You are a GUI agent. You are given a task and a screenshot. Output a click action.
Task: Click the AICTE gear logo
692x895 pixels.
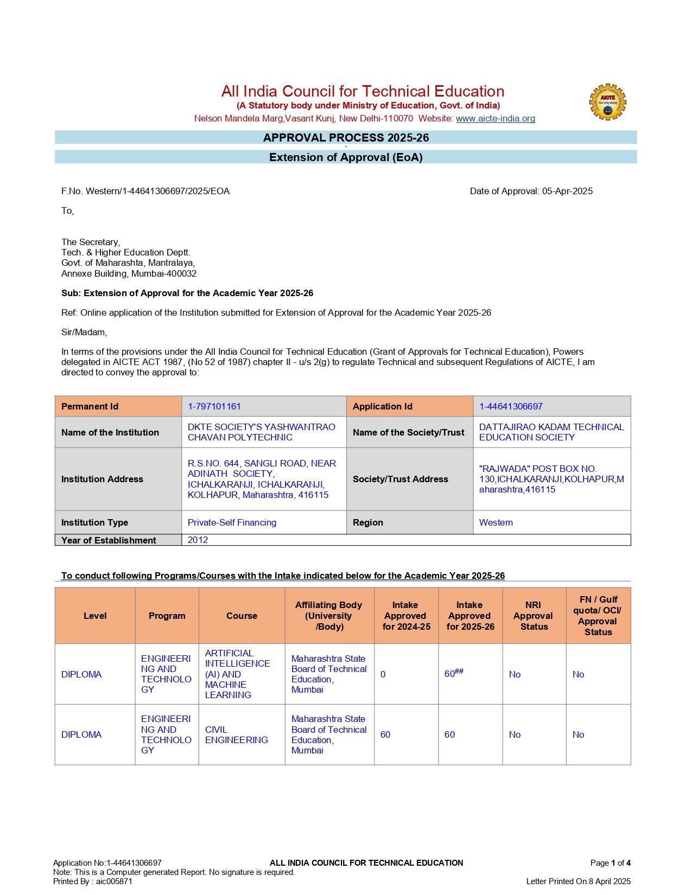pos(607,102)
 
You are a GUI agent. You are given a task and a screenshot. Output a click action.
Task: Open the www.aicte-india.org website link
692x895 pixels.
pos(495,118)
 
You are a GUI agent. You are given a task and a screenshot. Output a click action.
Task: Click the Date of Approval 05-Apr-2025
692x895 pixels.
pos(531,191)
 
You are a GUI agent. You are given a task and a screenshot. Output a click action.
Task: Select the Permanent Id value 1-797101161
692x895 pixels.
pos(214,406)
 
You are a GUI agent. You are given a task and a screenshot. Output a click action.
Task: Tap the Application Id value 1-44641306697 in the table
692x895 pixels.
pos(510,406)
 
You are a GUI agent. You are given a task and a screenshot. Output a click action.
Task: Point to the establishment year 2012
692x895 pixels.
pos(198,540)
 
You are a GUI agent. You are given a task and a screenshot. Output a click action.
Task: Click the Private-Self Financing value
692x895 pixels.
pos(232,522)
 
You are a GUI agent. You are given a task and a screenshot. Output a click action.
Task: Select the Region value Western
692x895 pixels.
pos(496,522)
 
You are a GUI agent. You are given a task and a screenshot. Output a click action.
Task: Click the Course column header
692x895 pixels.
pos(242,616)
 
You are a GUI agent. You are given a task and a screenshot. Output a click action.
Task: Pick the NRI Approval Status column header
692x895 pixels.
pos(534,616)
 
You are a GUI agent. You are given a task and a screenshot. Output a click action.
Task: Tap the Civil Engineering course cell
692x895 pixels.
pos(236,734)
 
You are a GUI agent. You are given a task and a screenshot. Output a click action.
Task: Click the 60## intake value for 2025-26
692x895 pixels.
pos(454,674)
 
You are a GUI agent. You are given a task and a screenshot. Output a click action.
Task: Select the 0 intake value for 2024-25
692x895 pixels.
pos(383,674)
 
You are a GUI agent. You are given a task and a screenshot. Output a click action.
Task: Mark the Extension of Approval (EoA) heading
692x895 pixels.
pos(346,157)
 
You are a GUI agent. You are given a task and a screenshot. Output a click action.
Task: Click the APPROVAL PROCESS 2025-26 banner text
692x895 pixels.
pos(346,138)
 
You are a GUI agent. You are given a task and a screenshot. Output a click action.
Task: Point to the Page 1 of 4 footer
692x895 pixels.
pos(610,863)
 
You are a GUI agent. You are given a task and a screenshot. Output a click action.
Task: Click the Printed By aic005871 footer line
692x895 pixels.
pos(92,881)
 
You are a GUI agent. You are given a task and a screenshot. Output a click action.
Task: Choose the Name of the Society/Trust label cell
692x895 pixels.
pos(408,432)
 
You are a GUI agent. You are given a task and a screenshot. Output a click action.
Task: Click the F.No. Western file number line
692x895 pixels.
pos(145,191)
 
